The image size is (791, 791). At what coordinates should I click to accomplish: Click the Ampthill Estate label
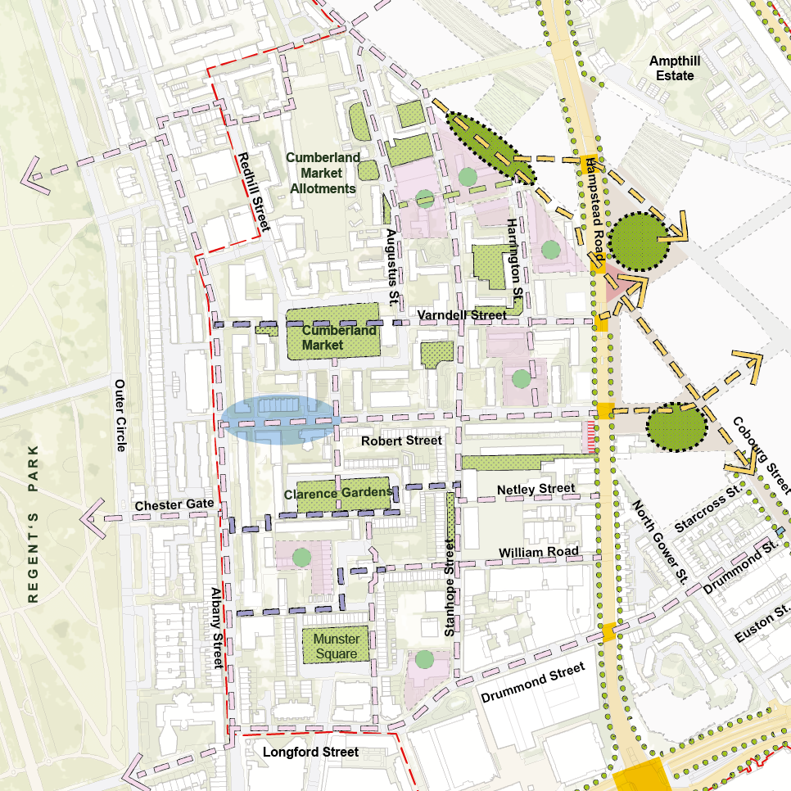point(671,69)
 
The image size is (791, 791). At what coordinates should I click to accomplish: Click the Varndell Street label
point(461,314)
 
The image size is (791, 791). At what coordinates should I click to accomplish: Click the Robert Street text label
point(401,441)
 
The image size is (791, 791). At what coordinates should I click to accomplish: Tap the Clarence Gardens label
point(337,494)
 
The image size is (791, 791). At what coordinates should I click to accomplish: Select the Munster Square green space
point(337,645)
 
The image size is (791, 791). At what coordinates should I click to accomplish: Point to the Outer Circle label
point(120,415)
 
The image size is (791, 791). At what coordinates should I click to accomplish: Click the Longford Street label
point(310,752)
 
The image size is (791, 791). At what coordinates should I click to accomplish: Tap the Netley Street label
point(536,490)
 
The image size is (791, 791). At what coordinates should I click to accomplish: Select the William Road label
point(538,552)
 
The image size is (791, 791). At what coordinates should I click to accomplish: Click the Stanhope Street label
point(449,587)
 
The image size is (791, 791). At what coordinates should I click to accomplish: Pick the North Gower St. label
point(658,541)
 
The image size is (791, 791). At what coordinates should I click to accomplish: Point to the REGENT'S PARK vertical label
point(34,524)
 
